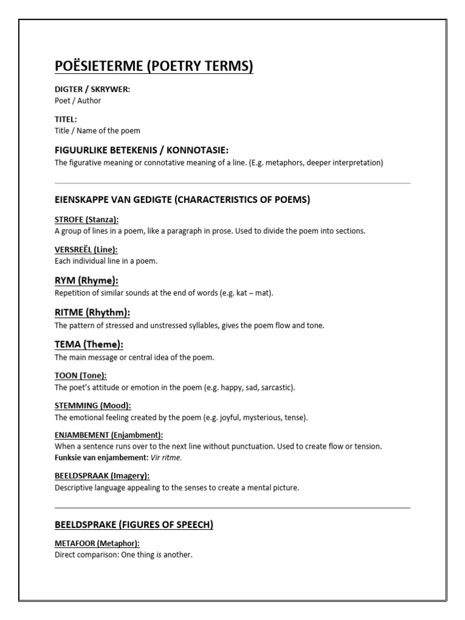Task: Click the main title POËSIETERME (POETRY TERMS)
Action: pyautogui.click(x=154, y=66)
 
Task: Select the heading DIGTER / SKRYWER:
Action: pyautogui.click(x=92, y=90)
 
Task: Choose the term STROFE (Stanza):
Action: pyautogui.click(x=87, y=219)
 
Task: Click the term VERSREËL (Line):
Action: pyautogui.click(x=86, y=249)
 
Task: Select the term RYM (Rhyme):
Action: pyautogui.click(x=87, y=280)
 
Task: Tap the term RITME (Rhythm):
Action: pyautogui.click(x=92, y=312)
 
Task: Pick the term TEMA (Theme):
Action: pyautogui.click(x=89, y=345)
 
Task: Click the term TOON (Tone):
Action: pyautogui.click(x=81, y=375)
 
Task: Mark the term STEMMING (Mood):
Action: pyautogui.click(x=93, y=405)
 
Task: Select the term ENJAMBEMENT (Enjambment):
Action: pyautogui.click(x=108, y=435)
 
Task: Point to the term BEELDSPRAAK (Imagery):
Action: pyautogui.click(x=102, y=476)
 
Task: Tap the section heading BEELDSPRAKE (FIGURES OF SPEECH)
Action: pyautogui.click(x=134, y=525)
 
